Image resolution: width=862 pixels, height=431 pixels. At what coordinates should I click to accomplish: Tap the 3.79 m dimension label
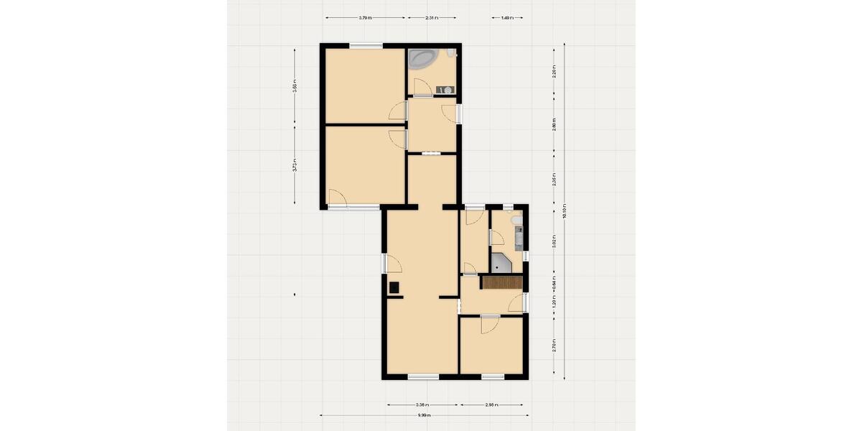point(365,18)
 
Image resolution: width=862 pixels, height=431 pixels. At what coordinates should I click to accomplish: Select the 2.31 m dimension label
point(431,18)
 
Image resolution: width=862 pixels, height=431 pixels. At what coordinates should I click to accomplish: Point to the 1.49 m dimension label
point(506,18)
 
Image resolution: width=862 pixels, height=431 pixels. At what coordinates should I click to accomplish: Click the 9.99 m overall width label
point(425,414)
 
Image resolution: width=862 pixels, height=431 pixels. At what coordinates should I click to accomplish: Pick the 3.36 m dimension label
point(422,404)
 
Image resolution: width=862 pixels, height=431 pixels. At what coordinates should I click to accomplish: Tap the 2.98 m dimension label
point(493,404)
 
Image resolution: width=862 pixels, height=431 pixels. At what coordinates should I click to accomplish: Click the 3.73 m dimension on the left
point(295,166)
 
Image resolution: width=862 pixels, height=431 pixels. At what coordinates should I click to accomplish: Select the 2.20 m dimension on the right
point(554,73)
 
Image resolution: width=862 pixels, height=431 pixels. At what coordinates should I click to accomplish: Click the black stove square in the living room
point(394,288)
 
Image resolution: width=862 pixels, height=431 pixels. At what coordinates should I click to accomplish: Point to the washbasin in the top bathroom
point(445,90)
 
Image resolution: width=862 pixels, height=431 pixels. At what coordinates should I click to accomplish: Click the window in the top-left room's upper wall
point(366,47)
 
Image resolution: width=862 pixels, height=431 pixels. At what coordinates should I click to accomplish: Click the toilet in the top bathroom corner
point(450,53)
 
